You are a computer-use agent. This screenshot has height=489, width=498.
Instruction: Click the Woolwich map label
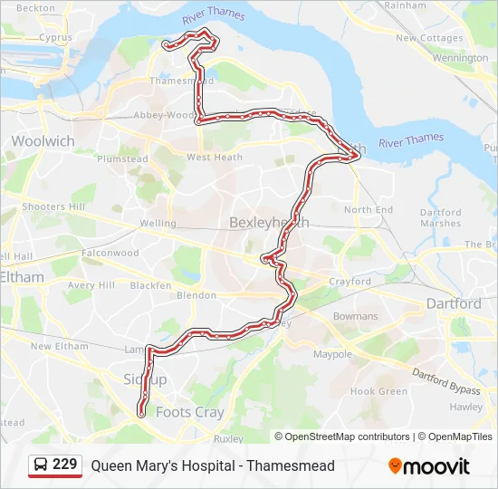43,141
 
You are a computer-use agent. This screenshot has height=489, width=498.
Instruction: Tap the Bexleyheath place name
269,222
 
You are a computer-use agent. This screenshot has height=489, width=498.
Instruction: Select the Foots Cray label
190,412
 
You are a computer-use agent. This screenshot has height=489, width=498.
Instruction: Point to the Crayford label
350,282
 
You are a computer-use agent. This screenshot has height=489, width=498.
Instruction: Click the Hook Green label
378,391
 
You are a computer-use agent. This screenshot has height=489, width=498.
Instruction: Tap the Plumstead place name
122,158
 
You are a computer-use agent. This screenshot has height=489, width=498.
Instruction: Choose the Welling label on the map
158,223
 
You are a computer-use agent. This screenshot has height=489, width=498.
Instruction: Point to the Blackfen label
150,285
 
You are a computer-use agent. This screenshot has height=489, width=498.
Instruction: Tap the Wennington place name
460,58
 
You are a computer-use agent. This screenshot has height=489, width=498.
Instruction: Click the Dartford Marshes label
441,218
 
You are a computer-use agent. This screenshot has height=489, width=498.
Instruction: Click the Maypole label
332,354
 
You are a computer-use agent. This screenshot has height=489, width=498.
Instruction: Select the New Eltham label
60,346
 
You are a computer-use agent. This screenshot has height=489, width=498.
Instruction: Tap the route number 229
65,465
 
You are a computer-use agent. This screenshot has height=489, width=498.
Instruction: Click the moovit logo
429,466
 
